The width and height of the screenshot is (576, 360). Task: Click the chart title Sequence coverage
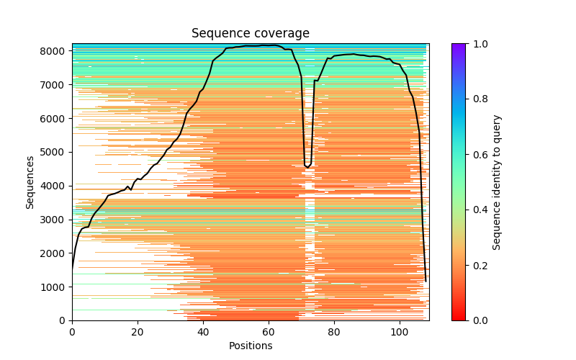pyautogui.click(x=250, y=33)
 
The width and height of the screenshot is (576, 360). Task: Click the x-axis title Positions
pyautogui.click(x=250, y=346)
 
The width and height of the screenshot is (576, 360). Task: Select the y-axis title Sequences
pyautogui.click(x=30, y=181)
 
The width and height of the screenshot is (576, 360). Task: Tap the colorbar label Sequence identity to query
pyautogui.click(x=497, y=181)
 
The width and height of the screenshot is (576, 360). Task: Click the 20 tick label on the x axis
pyautogui.click(x=138, y=332)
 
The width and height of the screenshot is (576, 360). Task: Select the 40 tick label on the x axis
pyautogui.click(x=203, y=332)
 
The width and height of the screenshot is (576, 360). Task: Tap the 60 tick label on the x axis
pyautogui.click(x=269, y=332)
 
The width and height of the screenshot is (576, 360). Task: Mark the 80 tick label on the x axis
pyautogui.click(x=334, y=332)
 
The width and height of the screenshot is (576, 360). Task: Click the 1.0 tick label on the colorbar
pyautogui.click(x=477, y=44)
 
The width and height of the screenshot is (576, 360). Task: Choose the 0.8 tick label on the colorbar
pyautogui.click(x=477, y=99)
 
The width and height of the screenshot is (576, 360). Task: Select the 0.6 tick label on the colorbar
pyautogui.click(x=477, y=155)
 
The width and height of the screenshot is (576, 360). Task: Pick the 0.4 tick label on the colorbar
pyautogui.click(x=477, y=210)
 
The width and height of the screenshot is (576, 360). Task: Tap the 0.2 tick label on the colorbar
pyautogui.click(x=477, y=265)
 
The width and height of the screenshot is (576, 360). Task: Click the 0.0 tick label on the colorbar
pyautogui.click(x=477, y=320)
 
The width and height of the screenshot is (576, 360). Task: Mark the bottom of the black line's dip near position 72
pyautogui.click(x=308, y=167)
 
